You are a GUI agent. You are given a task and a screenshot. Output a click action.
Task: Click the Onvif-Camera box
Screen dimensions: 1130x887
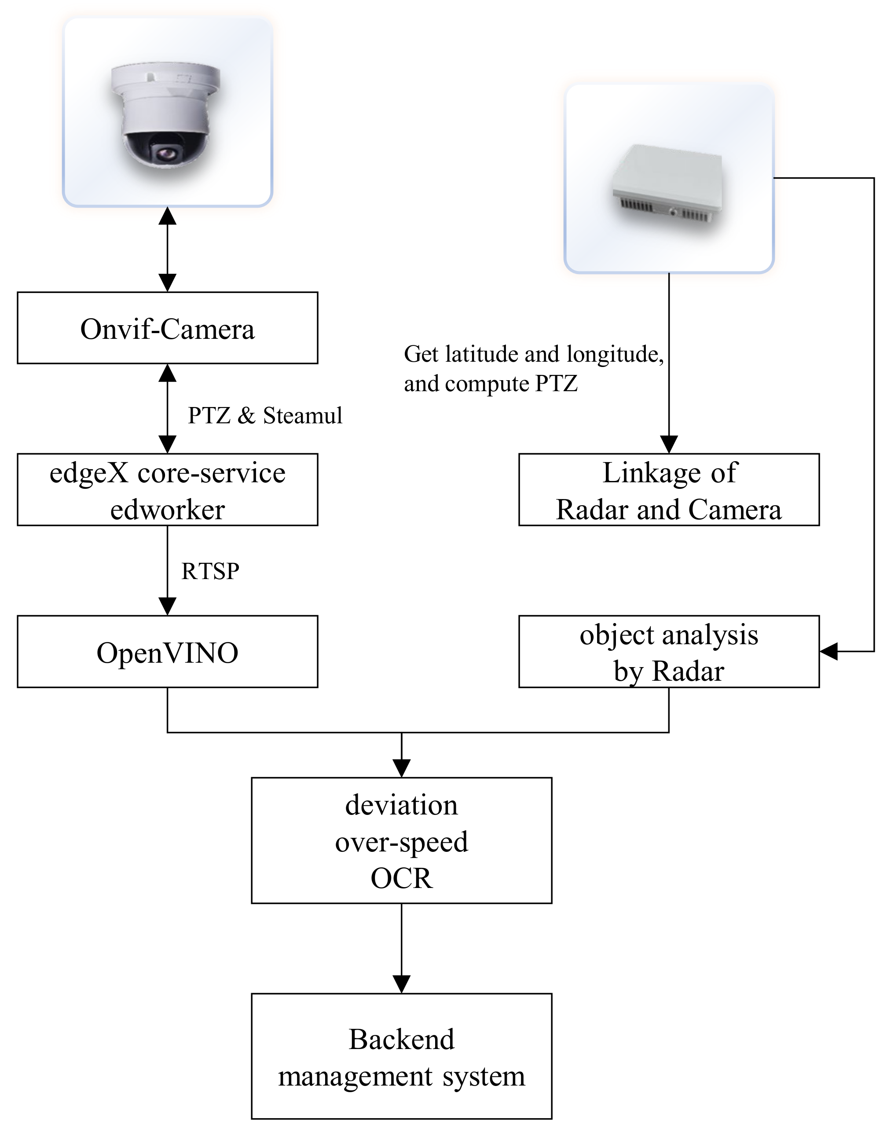tap(167, 328)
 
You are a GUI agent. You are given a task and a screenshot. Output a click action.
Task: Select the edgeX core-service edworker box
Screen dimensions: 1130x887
tap(167, 490)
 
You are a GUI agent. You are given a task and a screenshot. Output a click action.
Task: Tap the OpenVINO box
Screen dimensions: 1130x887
tap(167, 652)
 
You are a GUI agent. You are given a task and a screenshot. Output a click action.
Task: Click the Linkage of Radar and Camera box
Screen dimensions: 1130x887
tap(669, 490)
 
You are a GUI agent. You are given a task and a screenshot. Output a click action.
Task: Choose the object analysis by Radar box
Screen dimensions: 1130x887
tap(669, 652)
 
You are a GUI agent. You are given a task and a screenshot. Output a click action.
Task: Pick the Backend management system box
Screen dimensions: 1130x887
tap(401, 1056)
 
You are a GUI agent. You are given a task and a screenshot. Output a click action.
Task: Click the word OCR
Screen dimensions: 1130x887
tap(401, 879)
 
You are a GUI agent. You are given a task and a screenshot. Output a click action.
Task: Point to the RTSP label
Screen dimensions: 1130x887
tap(210, 571)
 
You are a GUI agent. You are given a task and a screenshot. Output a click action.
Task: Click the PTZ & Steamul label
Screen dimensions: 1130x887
tap(265, 415)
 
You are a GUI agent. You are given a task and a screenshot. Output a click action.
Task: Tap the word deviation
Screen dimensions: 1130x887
tap(401, 805)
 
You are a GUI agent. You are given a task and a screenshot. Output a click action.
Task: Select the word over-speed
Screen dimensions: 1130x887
tap(401, 842)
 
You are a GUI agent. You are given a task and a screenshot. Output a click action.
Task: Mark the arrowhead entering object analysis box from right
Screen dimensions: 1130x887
tap(829, 651)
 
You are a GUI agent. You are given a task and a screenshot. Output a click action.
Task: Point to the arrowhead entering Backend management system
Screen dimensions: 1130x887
tap(401, 984)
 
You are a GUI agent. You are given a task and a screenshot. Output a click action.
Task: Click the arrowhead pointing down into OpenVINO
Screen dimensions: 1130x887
tap(167, 606)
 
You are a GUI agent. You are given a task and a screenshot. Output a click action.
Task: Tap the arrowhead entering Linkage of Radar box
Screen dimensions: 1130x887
tap(669, 444)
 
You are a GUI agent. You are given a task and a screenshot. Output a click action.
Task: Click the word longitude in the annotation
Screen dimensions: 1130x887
tap(614, 355)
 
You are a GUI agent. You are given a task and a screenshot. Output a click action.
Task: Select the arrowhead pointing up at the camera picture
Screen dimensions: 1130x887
tap(167, 216)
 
